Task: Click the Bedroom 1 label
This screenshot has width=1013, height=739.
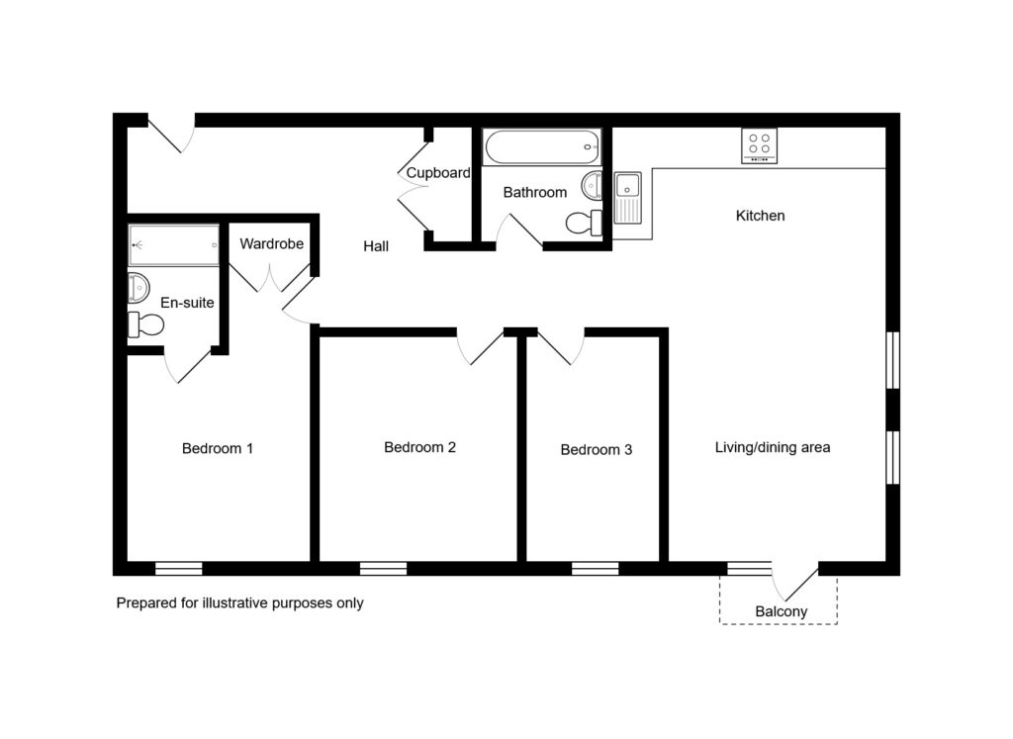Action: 217,448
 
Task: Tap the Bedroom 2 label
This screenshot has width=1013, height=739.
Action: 419,447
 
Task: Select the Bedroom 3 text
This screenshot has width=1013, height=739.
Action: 597,449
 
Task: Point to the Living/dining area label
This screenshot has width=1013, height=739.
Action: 773,447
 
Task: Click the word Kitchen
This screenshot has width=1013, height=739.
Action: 761,215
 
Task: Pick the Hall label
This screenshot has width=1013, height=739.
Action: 376,246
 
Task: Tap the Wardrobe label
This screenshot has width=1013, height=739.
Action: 271,243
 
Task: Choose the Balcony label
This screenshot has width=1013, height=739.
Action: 782,611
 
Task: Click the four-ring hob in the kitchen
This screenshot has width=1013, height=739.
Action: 759,146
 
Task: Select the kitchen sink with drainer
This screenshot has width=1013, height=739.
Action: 627,198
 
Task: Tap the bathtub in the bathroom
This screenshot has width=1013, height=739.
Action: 543,147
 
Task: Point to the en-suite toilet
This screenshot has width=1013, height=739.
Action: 145,324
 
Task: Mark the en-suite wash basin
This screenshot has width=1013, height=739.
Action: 138,288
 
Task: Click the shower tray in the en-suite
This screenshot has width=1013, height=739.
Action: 174,244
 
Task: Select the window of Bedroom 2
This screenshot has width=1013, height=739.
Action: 383,569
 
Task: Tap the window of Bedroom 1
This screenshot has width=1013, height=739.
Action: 179,569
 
